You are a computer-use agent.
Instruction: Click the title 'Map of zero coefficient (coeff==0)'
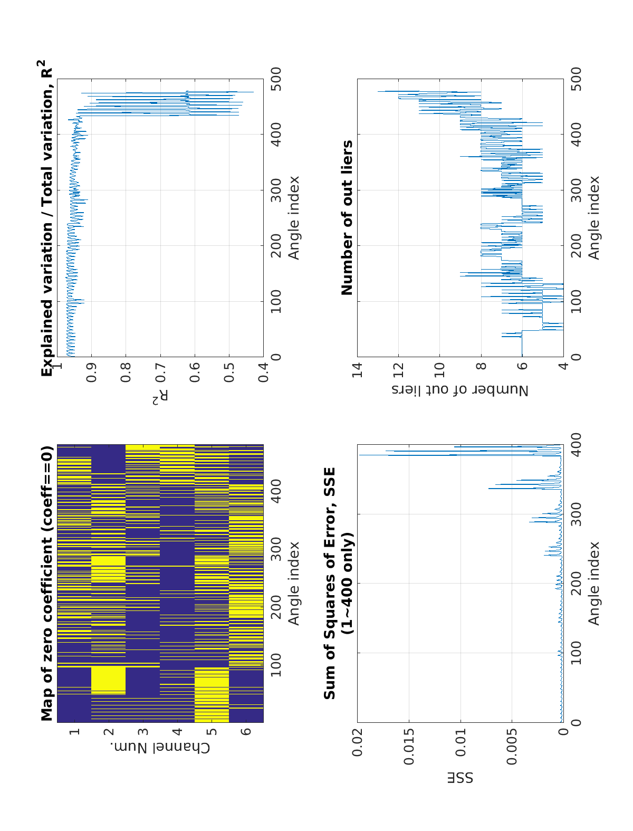pyautogui.click(x=47, y=583)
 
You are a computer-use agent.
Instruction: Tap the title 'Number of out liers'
pyautogui.click(x=347, y=217)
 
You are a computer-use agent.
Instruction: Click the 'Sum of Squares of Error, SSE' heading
pyautogui.click(x=330, y=583)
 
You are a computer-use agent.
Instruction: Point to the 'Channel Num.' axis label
pyautogui.click(x=160, y=748)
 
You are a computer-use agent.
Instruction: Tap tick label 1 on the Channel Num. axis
pyautogui.click(x=74, y=731)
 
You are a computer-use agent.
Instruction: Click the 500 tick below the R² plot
pyautogui.click(x=276, y=79)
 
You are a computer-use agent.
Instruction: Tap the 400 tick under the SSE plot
pyautogui.click(x=576, y=445)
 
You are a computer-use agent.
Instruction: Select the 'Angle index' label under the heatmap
pyautogui.click(x=294, y=583)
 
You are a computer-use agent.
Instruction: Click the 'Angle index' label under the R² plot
pyautogui.click(x=294, y=217)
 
